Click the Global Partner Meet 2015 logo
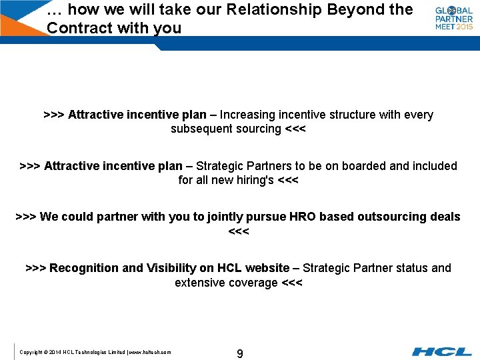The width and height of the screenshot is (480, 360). [x=454, y=19]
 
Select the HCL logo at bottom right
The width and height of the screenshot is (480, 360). [x=442, y=351]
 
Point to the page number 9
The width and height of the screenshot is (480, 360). [x=240, y=353]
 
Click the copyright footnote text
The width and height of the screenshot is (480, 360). [x=95, y=352]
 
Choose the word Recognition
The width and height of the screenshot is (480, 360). [x=85, y=268]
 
